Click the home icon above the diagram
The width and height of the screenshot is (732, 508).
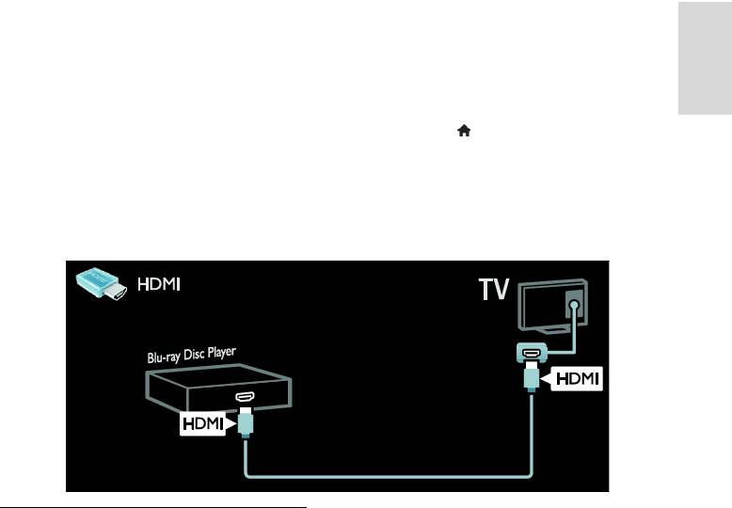[x=464, y=131]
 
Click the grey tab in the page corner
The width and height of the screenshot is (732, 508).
[x=705, y=58]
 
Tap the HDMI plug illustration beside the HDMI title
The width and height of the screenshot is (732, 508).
[x=102, y=283]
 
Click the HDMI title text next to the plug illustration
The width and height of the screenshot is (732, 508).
[x=159, y=284]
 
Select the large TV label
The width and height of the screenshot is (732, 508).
[x=494, y=289]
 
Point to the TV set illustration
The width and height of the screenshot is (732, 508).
[x=552, y=306]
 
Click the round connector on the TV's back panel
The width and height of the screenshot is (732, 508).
[x=575, y=306]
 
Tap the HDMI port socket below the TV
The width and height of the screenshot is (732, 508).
[x=531, y=352]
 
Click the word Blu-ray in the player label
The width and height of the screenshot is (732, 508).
[x=164, y=357]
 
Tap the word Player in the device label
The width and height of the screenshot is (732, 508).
[x=221, y=353]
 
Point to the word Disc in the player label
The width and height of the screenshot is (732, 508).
[x=193, y=355]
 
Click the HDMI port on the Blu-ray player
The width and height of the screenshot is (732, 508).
[x=245, y=397]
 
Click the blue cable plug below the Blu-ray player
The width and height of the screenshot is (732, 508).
[x=245, y=422]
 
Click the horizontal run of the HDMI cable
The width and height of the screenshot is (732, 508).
[x=388, y=476]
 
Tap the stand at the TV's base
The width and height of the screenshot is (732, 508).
[x=549, y=329]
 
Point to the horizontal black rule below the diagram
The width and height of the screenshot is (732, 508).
[x=153, y=507]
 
